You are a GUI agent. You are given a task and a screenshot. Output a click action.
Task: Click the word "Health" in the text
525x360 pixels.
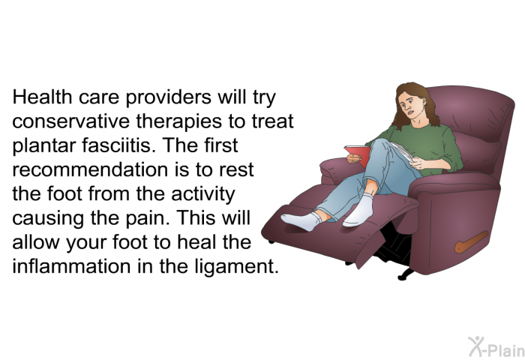[x=42, y=97]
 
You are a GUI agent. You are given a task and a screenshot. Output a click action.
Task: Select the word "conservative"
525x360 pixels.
[x=70, y=121]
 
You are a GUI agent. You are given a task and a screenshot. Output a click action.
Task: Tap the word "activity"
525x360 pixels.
[x=203, y=194]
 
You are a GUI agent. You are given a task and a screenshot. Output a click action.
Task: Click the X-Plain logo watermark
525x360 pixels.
[x=496, y=346]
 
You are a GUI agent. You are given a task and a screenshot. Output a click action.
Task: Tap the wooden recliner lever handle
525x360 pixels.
[x=471, y=241]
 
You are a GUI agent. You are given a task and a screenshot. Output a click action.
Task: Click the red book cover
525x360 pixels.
[x=358, y=154]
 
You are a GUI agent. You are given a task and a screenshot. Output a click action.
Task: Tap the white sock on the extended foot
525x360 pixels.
[x=302, y=220]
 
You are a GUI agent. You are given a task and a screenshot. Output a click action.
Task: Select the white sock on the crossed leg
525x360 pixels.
[x=359, y=210]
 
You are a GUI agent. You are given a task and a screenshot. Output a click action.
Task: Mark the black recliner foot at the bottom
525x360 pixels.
[x=406, y=274]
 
